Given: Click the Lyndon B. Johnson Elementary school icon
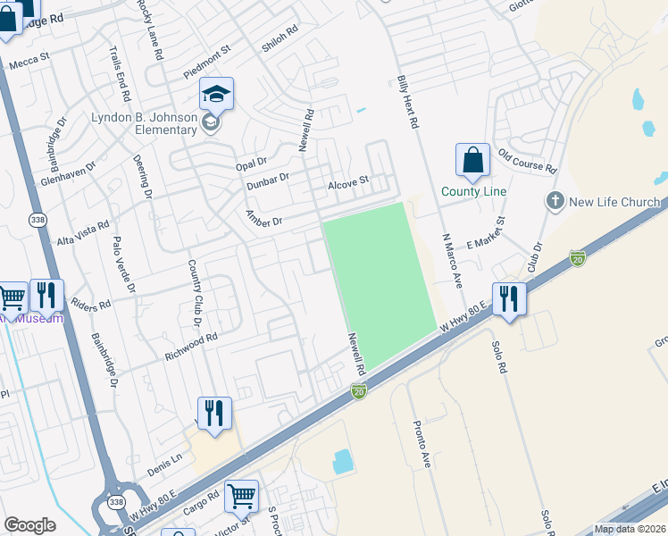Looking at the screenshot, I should (216, 94).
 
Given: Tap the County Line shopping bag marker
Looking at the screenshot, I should (472, 161).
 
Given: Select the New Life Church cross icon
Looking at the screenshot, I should (555, 201).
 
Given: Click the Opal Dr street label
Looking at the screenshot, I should (251, 162).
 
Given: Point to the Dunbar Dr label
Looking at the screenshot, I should (268, 179).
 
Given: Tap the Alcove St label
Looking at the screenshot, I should (348, 182).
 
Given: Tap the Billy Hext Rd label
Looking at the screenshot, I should (408, 103).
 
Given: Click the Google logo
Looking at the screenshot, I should (29, 525).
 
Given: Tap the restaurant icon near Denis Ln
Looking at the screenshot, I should (214, 413).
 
